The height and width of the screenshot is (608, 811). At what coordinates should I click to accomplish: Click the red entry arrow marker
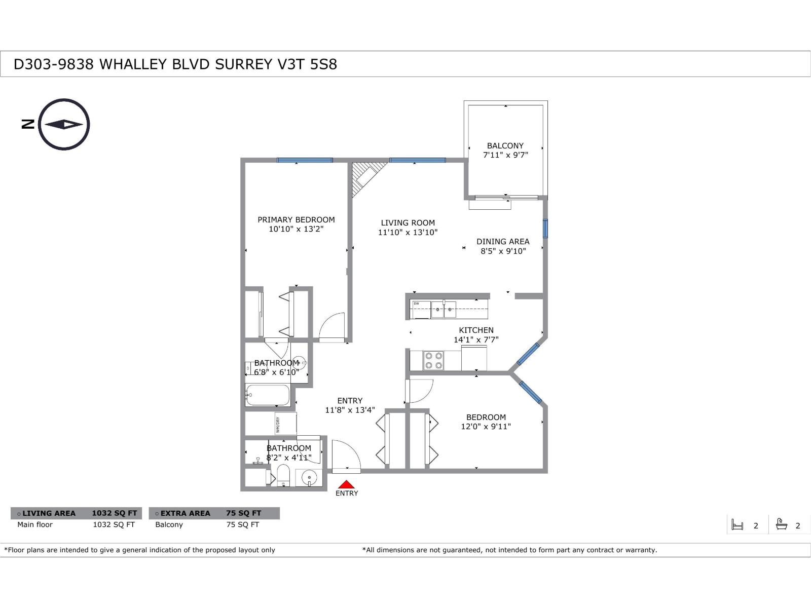point(346,484)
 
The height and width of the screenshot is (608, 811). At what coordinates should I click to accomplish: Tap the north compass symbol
point(64,125)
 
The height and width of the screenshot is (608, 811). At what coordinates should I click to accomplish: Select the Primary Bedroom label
point(296,220)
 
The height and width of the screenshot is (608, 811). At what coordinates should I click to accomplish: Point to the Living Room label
point(408,223)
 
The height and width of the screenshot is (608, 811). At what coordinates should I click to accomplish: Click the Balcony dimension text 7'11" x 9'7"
point(505,155)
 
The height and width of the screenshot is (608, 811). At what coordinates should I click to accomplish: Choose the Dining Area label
point(503,242)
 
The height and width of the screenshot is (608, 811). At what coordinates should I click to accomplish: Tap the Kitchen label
point(476,330)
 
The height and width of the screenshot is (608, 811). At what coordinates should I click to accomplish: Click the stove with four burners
point(433,360)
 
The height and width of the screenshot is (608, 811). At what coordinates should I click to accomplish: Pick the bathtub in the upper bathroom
point(268,395)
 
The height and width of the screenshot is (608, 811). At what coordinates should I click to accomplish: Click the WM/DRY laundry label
point(278,424)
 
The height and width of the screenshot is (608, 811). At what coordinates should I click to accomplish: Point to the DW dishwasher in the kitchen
point(420,309)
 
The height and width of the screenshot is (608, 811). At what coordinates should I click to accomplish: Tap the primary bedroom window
point(305,160)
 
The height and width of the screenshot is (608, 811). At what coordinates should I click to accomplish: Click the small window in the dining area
point(545,229)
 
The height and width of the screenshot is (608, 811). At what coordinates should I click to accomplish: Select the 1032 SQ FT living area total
point(114,513)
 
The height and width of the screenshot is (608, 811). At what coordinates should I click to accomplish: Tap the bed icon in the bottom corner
point(738,525)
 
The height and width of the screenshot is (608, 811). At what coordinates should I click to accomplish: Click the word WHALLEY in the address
point(133,64)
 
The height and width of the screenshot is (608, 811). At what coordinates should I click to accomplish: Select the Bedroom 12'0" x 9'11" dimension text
point(486,427)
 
